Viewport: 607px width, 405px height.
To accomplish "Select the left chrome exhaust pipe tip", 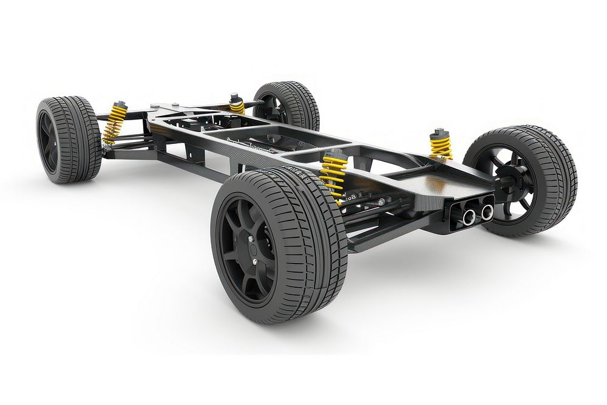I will tap(469, 216).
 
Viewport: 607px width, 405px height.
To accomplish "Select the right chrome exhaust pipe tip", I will tap(487, 212).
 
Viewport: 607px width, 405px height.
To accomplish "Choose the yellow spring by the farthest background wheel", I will tap(237, 106).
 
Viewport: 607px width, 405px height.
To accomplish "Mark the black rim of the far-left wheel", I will tap(47, 140).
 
